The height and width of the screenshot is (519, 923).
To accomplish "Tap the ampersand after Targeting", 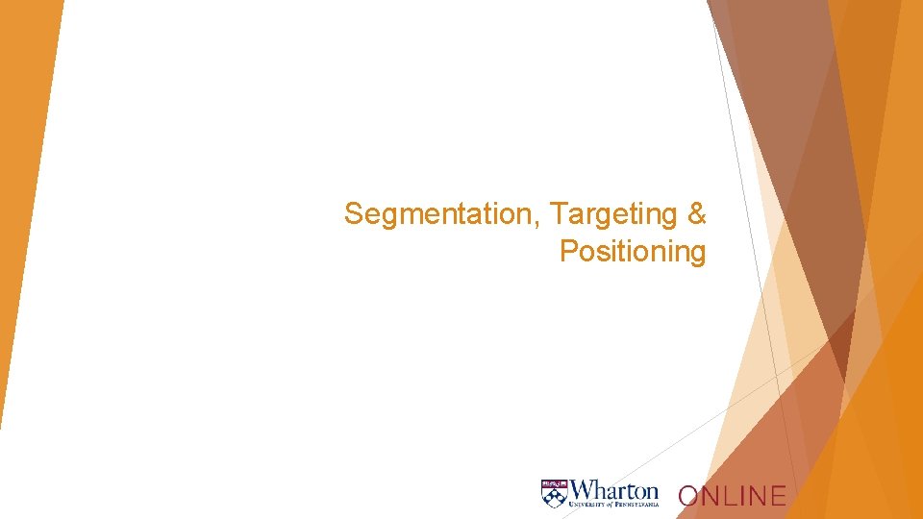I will (697, 213).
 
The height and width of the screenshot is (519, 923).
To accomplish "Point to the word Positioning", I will (633, 252).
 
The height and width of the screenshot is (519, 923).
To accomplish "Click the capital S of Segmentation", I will (353, 213).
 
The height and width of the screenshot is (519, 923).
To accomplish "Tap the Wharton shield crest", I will (554, 492).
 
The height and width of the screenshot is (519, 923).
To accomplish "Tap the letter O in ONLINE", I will (688, 496).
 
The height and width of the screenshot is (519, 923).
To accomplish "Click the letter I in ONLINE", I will (742, 496).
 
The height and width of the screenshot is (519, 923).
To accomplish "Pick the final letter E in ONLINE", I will (778, 496).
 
